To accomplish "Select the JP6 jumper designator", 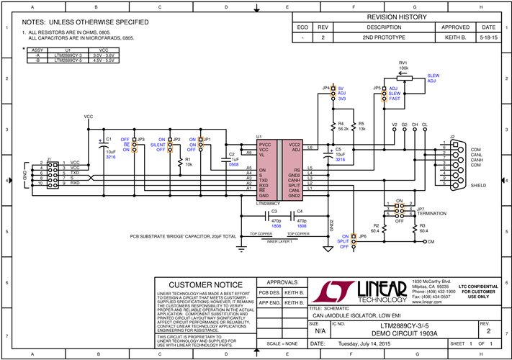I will [363, 236].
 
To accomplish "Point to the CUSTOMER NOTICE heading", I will [205, 284].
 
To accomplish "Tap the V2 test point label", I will [394, 125].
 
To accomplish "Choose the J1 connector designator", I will [49, 158].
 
